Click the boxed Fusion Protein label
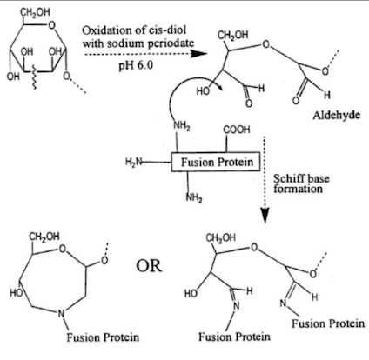click(x=216, y=162)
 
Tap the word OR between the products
click(x=149, y=266)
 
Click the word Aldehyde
click(x=336, y=116)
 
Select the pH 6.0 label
click(x=136, y=65)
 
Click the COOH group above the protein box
click(x=237, y=130)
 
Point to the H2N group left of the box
click(x=133, y=161)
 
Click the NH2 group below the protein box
click(x=194, y=198)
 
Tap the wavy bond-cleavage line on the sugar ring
click(x=34, y=77)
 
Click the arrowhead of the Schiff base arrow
click(x=265, y=216)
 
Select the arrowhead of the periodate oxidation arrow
click(x=198, y=54)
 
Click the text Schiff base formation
click(x=301, y=183)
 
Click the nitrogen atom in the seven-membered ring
click(x=61, y=313)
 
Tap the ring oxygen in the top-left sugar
click(x=52, y=25)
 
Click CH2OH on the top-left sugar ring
click(x=36, y=12)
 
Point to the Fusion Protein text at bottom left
click(x=103, y=337)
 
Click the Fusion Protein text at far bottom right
click(x=328, y=323)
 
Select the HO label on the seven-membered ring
click(x=17, y=293)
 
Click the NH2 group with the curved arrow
click(x=181, y=126)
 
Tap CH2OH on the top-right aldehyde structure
click(x=233, y=35)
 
